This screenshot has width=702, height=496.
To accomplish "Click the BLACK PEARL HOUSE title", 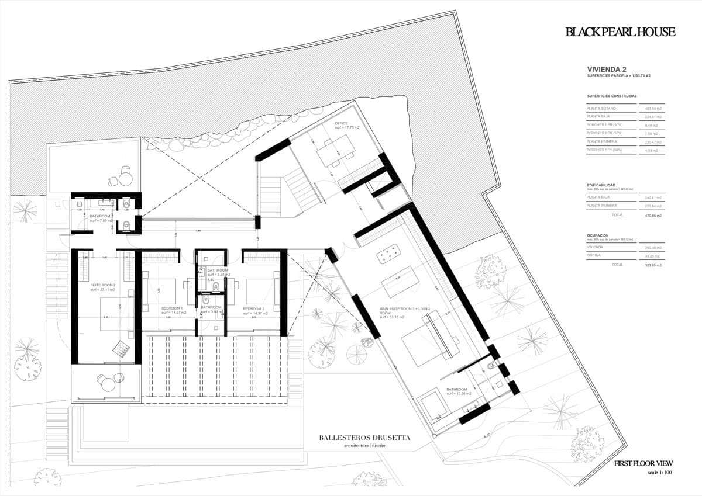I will tap(620, 32).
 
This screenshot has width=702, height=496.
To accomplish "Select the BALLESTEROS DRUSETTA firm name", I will tap(364, 438).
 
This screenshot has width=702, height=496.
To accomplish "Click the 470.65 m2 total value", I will tap(653, 216).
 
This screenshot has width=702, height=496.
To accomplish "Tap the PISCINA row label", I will tap(596, 256).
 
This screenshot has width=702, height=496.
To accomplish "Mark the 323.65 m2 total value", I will tap(653, 265).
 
